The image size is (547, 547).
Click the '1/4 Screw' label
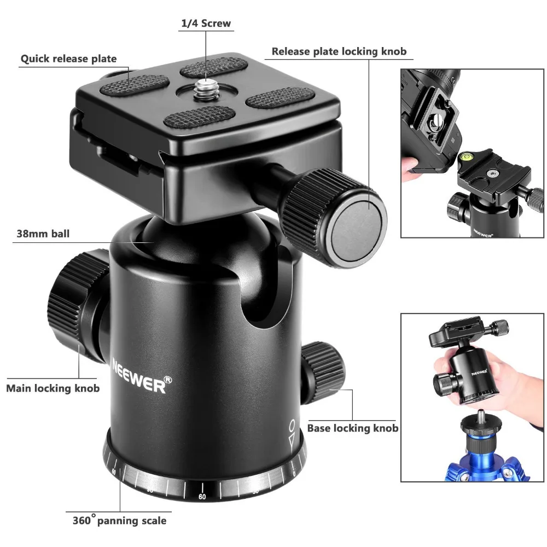[x=206, y=24]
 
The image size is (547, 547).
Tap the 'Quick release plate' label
[x=69, y=59]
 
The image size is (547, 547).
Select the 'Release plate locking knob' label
[x=339, y=51]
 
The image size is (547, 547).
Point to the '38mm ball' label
[x=43, y=234]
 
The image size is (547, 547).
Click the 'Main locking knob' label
[x=53, y=388]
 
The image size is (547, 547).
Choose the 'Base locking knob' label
[x=353, y=428]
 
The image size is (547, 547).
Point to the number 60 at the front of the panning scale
[x=202, y=497]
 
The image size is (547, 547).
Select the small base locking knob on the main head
[x=323, y=372]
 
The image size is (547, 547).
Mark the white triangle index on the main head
[x=292, y=438]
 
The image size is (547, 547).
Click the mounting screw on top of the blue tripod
[x=481, y=414]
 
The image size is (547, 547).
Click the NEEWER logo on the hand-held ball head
[x=479, y=372]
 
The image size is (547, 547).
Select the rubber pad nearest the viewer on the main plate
[x=199, y=117]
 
